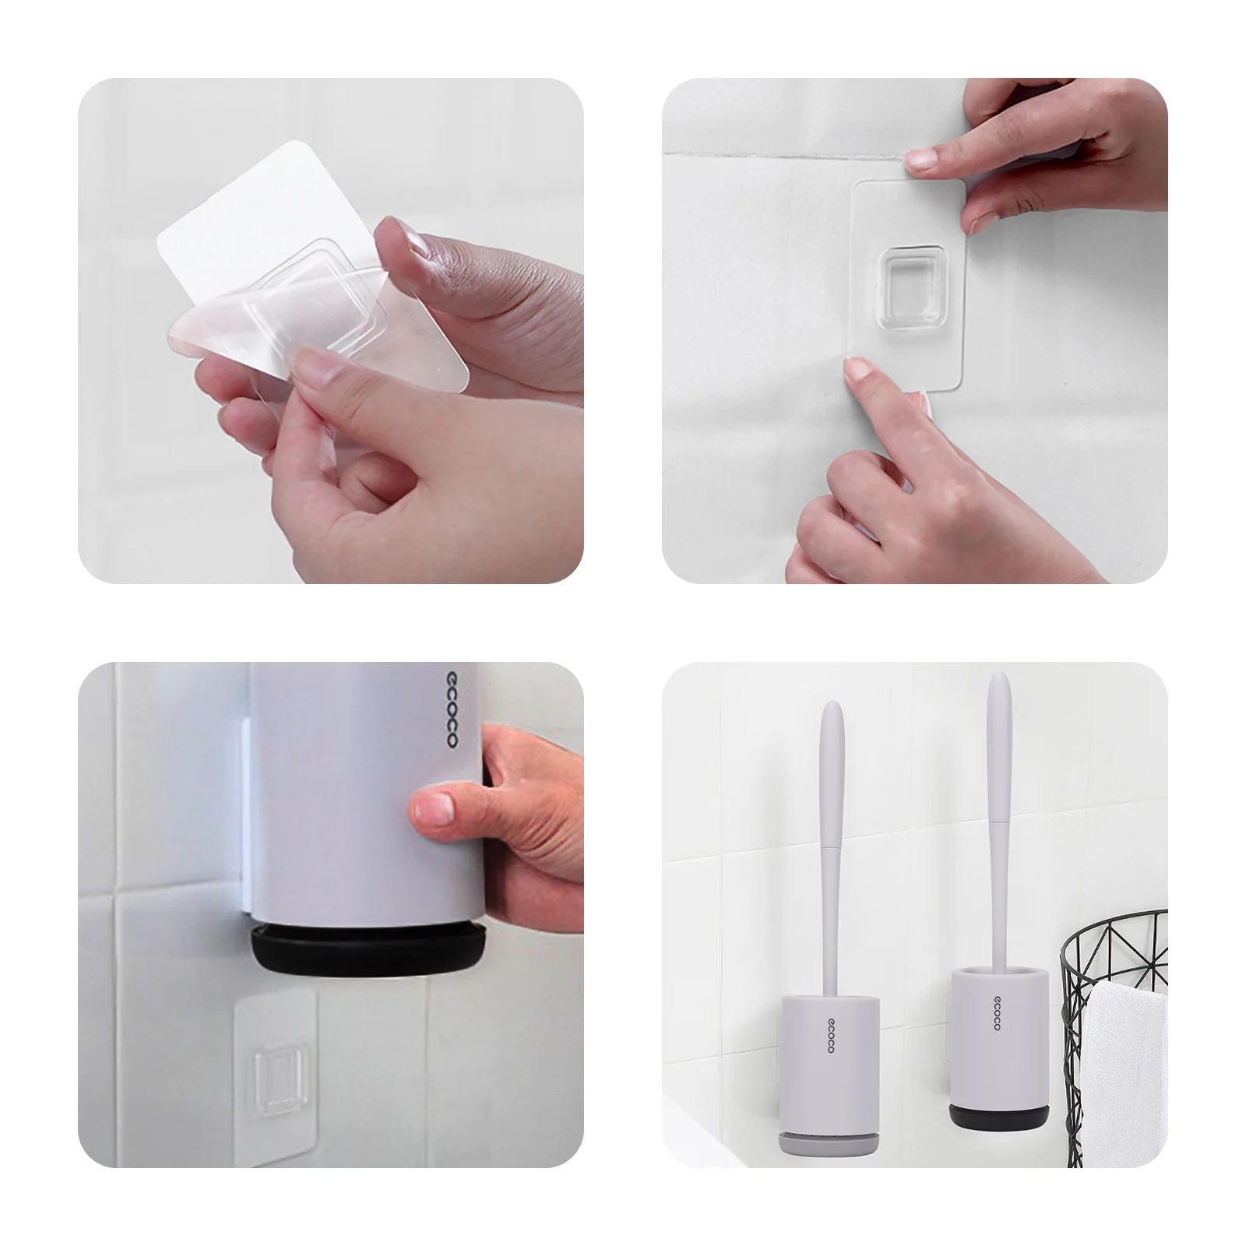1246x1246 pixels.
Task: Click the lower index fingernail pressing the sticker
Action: pyautogui.click(x=857, y=368)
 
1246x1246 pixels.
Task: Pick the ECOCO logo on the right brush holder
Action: pyautogui.click(x=997, y=1012)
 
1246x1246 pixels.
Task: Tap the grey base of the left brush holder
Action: pyautogui.click(x=829, y=1143)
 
